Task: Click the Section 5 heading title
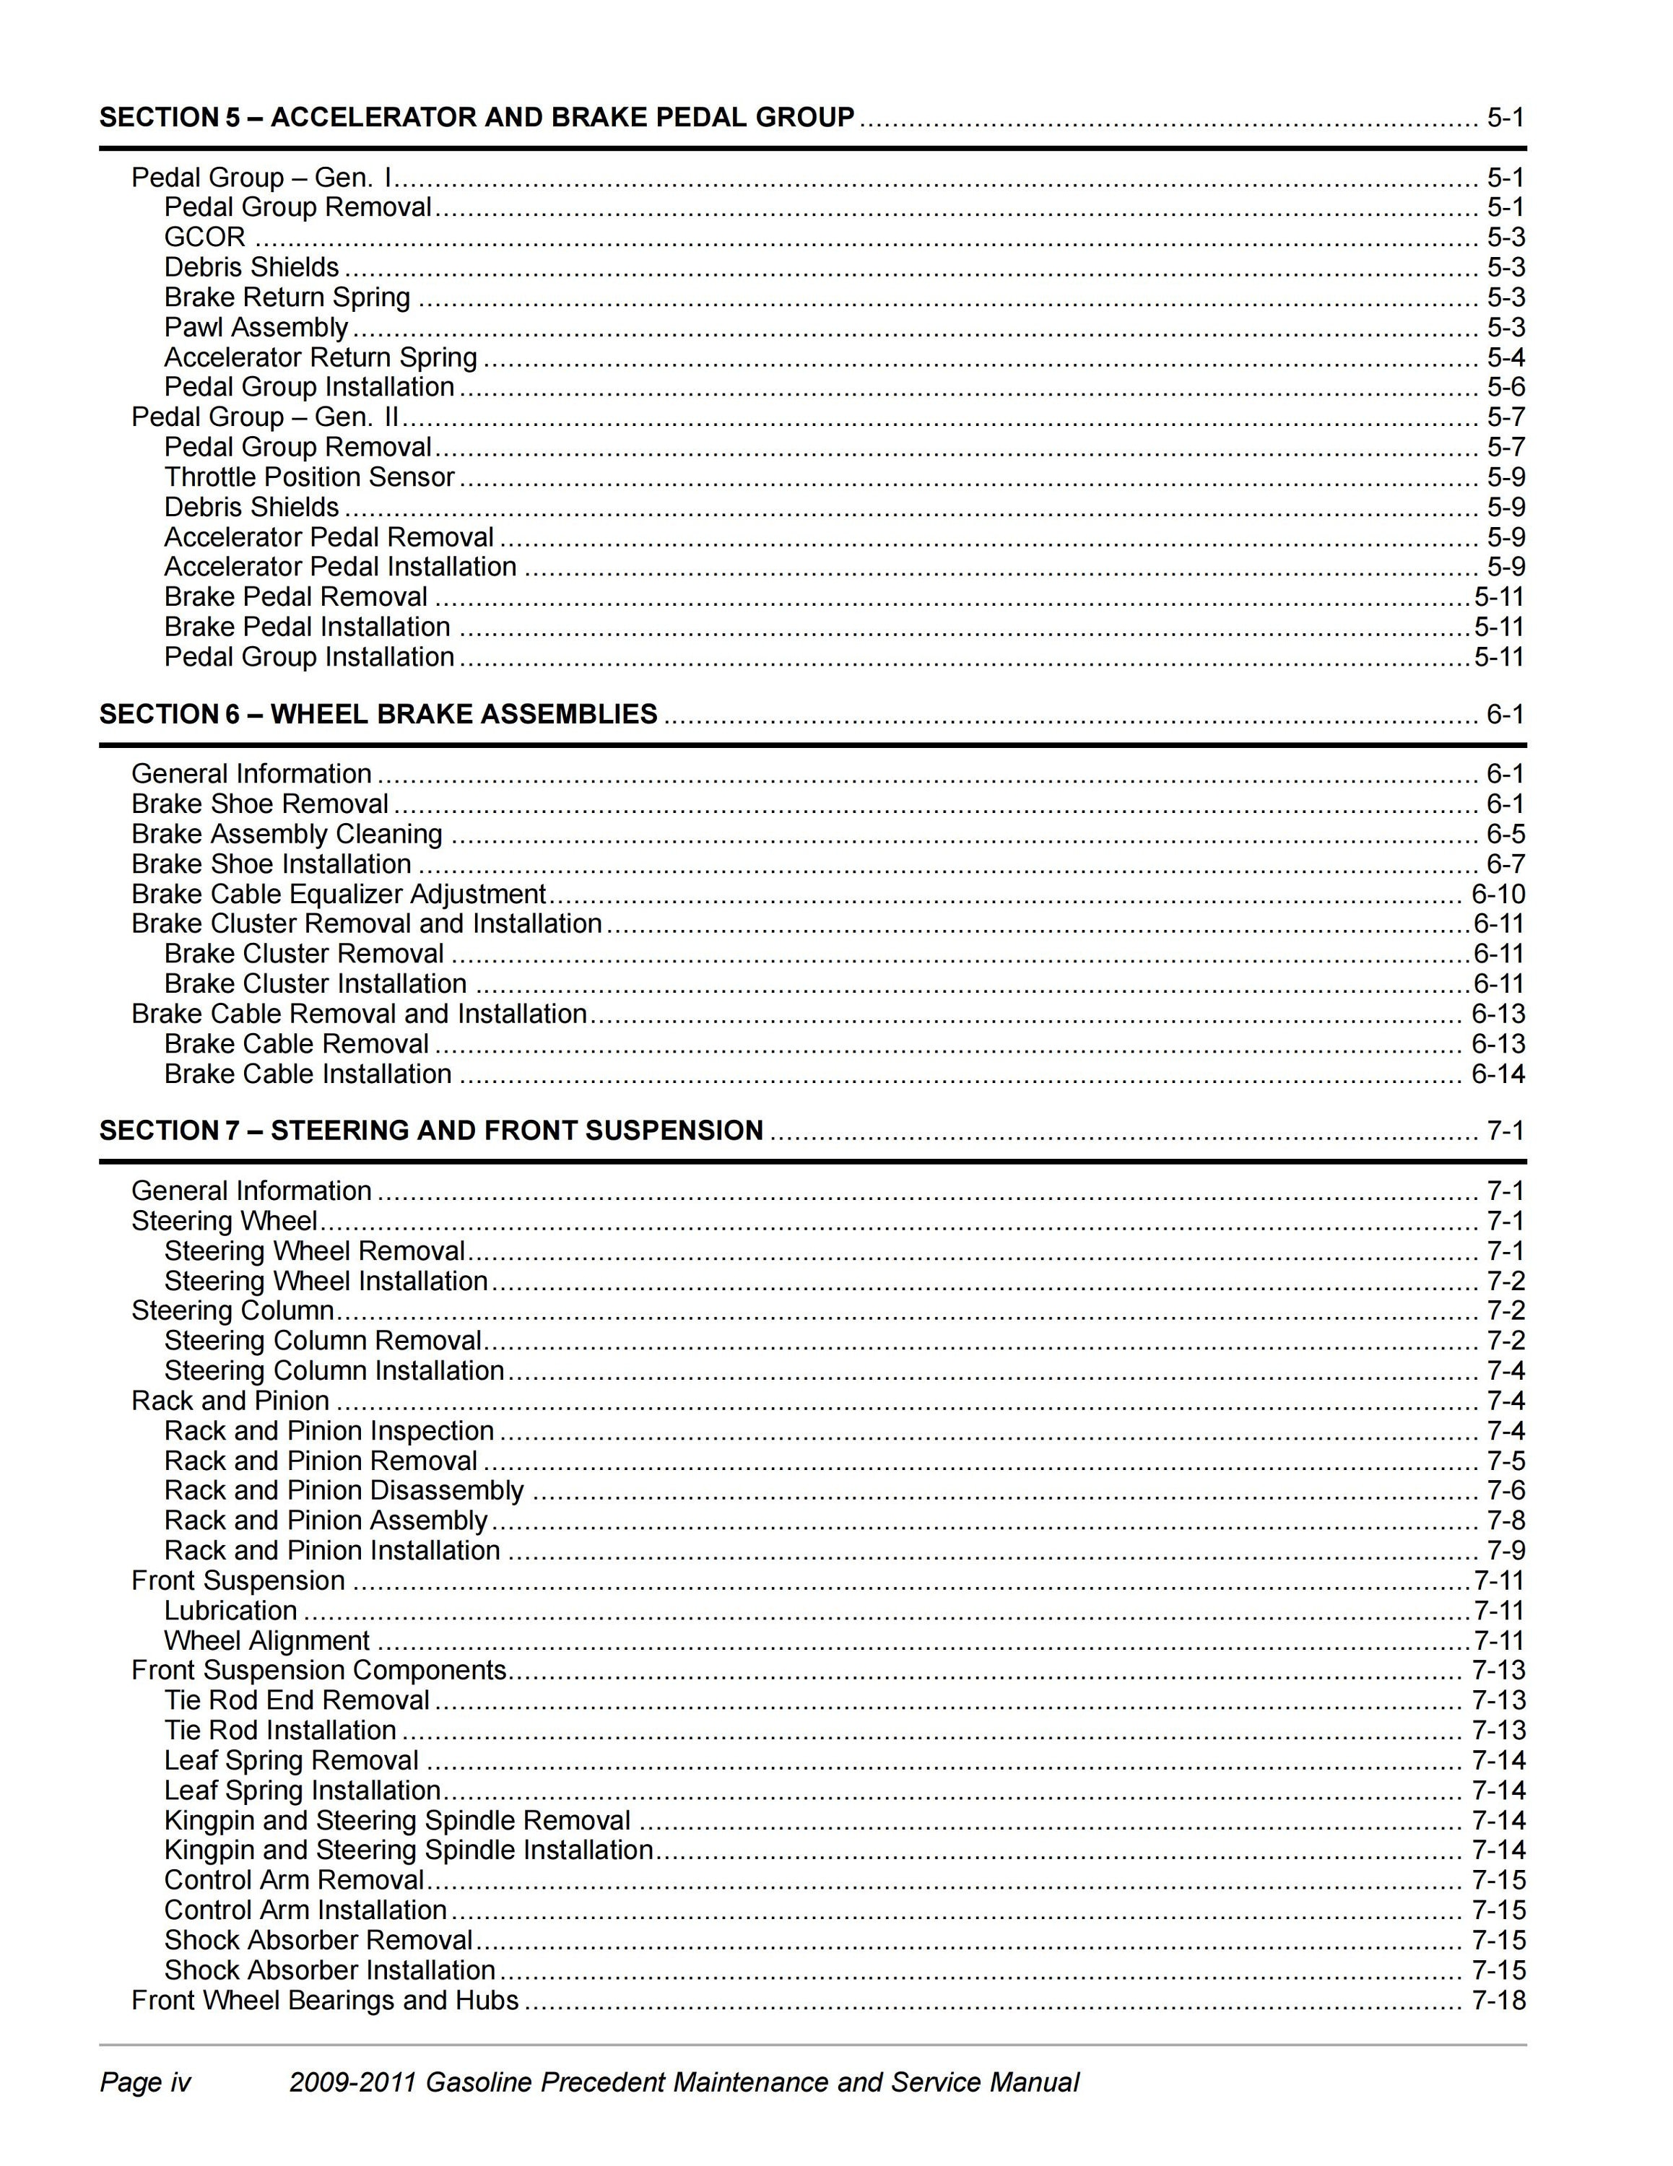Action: [476, 117]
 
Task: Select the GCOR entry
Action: [204, 237]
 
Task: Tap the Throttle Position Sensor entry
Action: [308, 477]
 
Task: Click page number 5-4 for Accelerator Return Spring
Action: [1505, 357]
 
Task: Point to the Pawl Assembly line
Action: [256, 327]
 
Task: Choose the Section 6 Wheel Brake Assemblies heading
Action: [378, 714]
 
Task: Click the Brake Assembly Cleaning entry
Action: [287, 834]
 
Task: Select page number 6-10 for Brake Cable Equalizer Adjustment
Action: [1498, 895]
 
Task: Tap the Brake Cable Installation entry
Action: [308, 1074]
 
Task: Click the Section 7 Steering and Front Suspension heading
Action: [431, 1131]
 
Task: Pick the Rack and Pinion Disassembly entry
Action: [343, 1491]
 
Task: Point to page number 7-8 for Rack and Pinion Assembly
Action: [1505, 1521]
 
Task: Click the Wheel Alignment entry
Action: [266, 1640]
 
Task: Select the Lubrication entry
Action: [230, 1611]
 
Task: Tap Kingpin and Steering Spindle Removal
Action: [396, 1820]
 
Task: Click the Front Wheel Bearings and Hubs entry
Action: [324, 2001]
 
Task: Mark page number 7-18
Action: [1498, 2001]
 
